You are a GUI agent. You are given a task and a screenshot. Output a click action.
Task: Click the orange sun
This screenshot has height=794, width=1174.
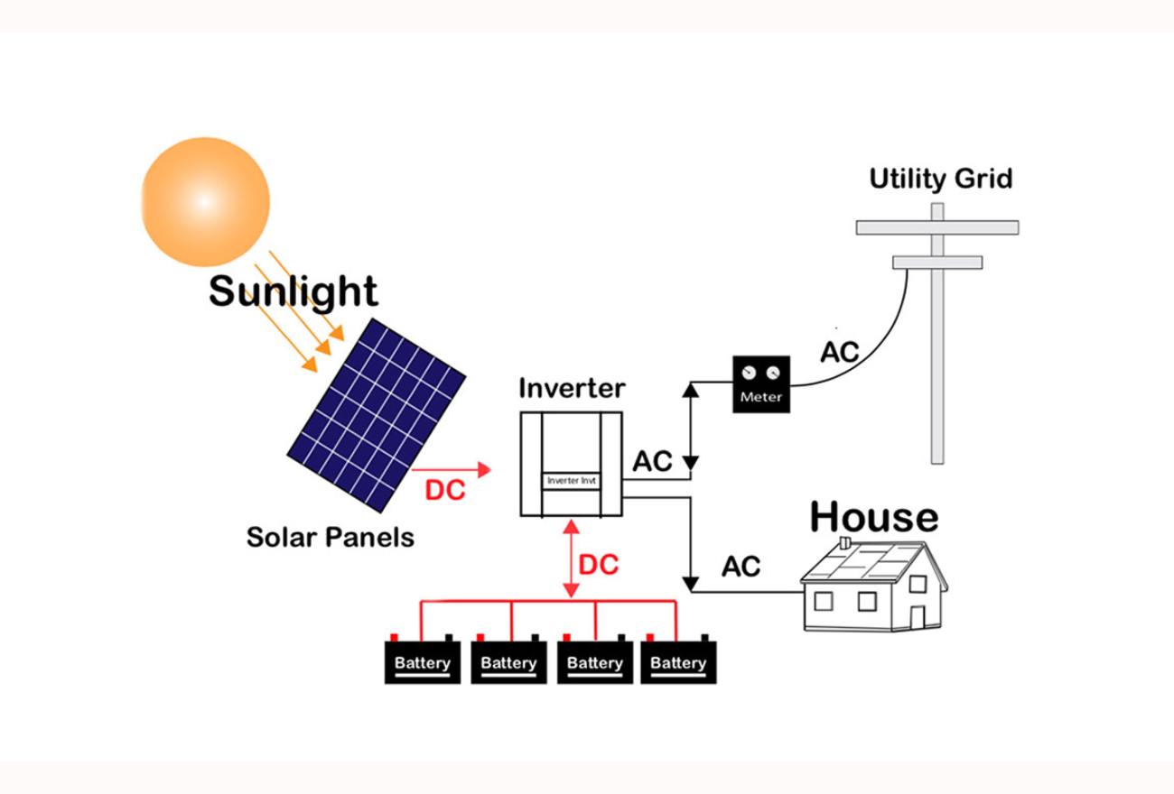tap(205, 201)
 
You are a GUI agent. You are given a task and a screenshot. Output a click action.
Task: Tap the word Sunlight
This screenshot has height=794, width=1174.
tap(293, 292)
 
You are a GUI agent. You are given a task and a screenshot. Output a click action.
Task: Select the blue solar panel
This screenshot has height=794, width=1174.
tap(377, 414)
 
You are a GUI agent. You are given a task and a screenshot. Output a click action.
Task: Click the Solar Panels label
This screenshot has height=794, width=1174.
tap(330, 538)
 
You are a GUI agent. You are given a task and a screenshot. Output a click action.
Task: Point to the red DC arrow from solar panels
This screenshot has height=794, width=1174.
tap(451, 469)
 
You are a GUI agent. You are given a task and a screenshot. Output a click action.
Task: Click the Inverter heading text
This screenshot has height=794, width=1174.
tap(571, 389)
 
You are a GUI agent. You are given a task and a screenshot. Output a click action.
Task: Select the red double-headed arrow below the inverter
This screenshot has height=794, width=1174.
tap(570, 559)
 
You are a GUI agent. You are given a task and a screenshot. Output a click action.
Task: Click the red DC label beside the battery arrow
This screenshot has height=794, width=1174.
tap(598, 566)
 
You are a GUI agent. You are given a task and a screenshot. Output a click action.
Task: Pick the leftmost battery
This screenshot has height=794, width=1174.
tap(423, 662)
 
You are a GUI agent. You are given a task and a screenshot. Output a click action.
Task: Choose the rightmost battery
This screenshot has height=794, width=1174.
tap(678, 662)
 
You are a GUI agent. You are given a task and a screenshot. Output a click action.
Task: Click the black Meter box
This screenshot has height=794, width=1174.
tap(761, 384)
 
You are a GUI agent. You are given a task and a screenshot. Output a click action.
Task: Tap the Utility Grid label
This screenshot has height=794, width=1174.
tap(940, 179)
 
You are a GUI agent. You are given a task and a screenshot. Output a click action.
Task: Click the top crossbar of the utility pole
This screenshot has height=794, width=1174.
tap(937, 227)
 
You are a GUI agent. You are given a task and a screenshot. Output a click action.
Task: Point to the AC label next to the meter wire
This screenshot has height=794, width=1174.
tap(839, 352)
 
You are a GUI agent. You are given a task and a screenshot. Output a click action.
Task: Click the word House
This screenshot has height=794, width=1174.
tap(873, 517)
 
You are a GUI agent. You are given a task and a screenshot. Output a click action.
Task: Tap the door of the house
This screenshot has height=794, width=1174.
tap(918, 618)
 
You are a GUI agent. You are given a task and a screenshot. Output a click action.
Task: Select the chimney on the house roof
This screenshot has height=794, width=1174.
tap(844, 543)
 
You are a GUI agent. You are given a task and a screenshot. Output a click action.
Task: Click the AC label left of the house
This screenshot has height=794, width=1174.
tap(741, 567)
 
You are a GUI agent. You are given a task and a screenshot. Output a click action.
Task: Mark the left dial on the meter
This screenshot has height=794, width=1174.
tap(749, 373)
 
